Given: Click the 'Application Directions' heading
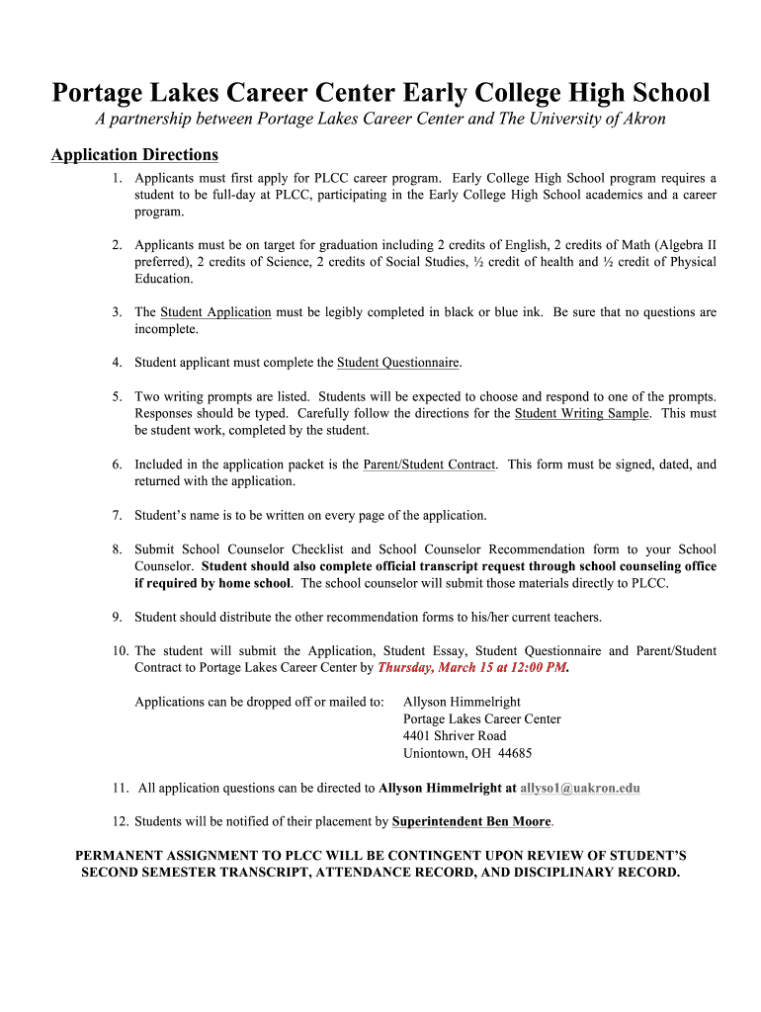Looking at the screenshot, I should pos(134,155).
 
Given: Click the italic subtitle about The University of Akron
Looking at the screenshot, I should pos(380,120).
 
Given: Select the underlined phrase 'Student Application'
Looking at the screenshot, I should pos(215,312).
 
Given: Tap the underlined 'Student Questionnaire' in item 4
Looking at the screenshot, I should pos(398,363).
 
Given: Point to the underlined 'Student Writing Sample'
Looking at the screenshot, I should pos(582,413).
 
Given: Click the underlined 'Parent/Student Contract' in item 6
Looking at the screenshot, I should pos(429,464).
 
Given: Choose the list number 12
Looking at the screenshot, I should pos(119,822).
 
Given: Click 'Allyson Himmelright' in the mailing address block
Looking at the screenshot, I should pos(463,703).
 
